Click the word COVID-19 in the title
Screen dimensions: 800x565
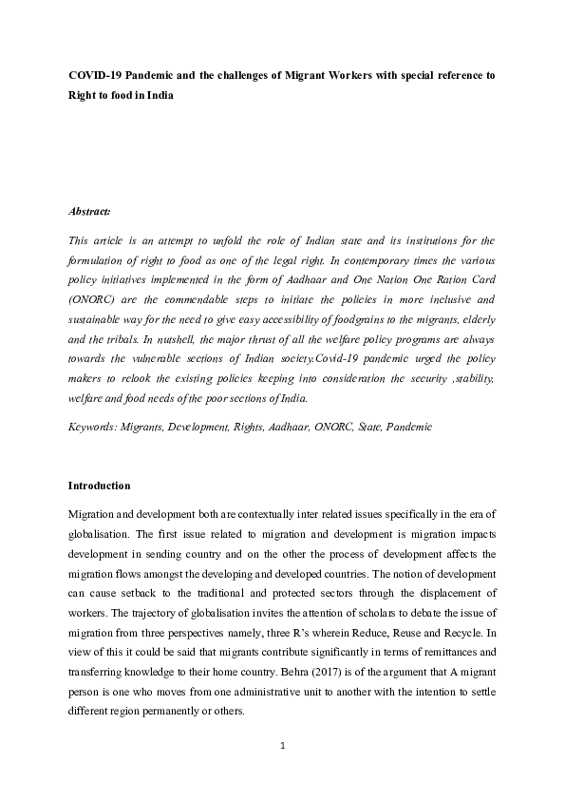[x=96, y=74]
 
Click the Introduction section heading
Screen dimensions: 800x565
[x=99, y=486]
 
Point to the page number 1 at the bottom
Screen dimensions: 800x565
[x=282, y=745]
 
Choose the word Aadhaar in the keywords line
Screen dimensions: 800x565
[x=283, y=427]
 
